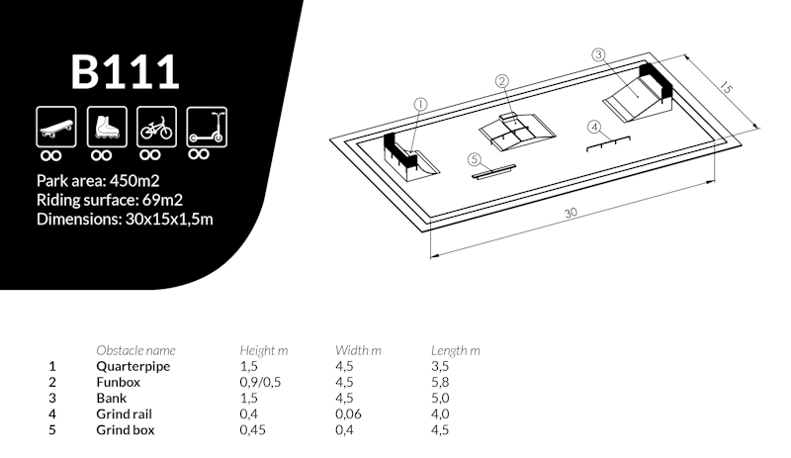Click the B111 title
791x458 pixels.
pyautogui.click(x=125, y=71)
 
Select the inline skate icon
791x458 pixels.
pyautogui.click(x=102, y=126)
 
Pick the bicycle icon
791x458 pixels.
pyautogui.click(x=153, y=126)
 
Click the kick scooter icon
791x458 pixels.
pyautogui.click(x=205, y=126)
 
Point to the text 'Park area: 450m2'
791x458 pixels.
pyautogui.click(x=98, y=181)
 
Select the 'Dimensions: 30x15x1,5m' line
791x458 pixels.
pyautogui.click(x=125, y=218)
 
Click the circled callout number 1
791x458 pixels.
pyautogui.click(x=419, y=104)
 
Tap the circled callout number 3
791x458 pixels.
pyautogui.click(x=598, y=55)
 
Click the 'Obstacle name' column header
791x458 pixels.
pyautogui.click(x=135, y=350)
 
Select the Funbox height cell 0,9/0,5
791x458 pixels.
pyautogui.click(x=260, y=382)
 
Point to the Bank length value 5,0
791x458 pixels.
pyautogui.click(x=441, y=398)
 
